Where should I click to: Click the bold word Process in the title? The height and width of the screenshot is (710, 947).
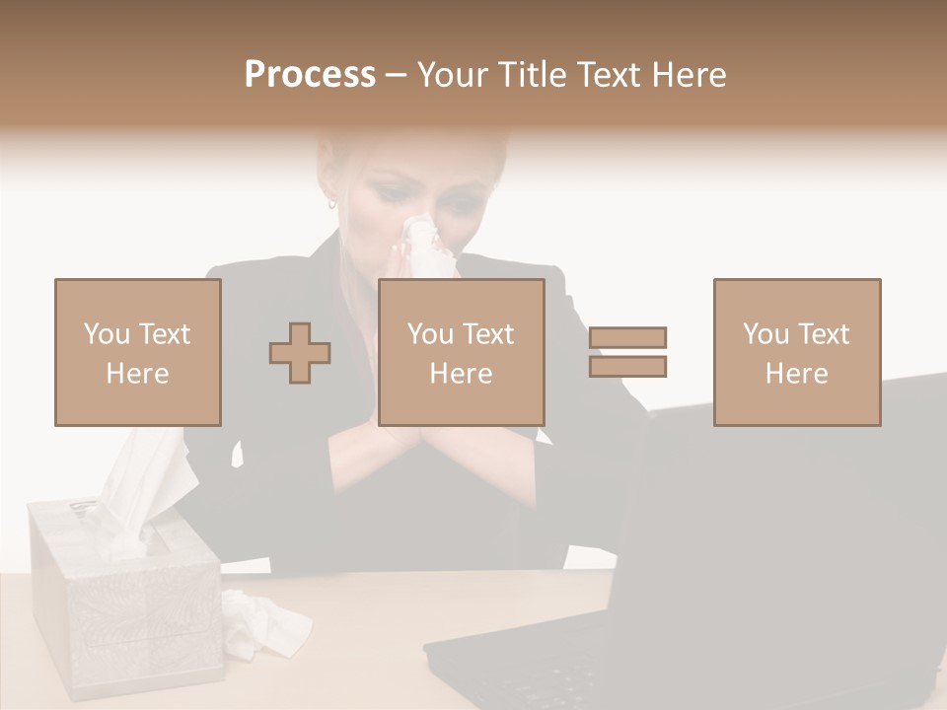(310, 75)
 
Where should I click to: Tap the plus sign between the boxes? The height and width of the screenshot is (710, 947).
(300, 353)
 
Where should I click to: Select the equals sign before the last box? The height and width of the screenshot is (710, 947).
(628, 352)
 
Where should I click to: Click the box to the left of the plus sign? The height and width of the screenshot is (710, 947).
(138, 352)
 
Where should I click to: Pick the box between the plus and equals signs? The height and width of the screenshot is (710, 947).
(462, 352)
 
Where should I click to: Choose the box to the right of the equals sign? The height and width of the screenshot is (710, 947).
(797, 352)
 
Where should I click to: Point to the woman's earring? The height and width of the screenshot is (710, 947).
(332, 204)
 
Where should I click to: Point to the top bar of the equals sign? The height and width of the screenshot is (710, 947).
(628, 337)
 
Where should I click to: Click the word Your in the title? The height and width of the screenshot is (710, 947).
(454, 75)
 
